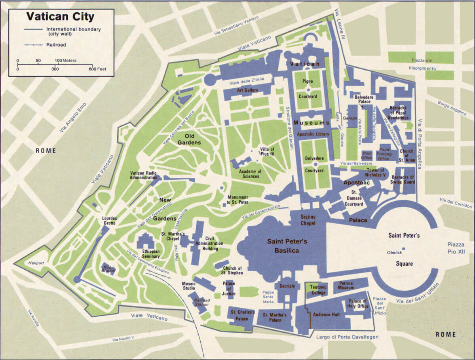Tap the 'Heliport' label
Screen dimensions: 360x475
(34, 263)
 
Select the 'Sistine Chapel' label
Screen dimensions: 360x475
(308, 221)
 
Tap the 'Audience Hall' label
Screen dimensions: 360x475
(327, 314)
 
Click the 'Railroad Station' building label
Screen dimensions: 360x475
(201, 303)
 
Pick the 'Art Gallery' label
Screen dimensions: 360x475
(248, 90)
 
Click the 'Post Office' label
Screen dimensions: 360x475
(367, 155)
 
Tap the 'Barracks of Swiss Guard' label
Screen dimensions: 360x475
(403, 179)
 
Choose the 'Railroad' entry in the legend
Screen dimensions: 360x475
(55, 45)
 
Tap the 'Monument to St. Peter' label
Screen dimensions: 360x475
(237, 200)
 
